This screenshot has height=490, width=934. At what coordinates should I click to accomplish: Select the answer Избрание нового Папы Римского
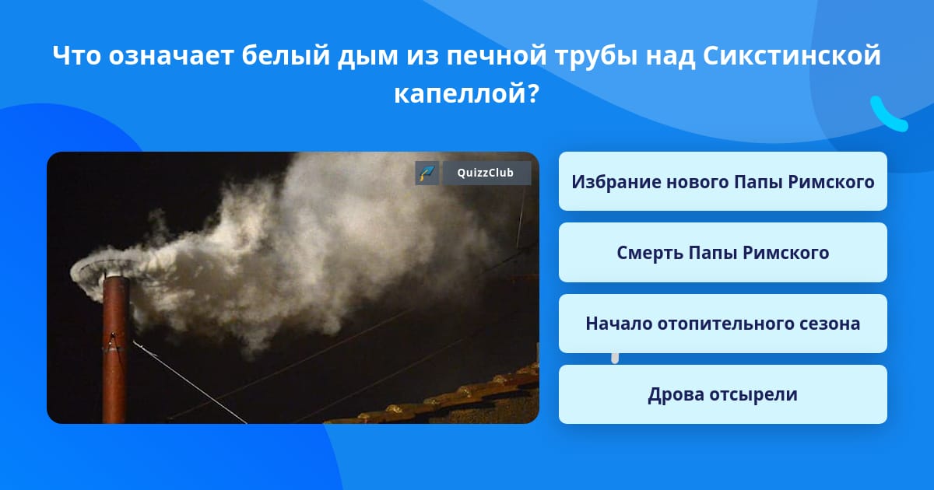[x=722, y=181]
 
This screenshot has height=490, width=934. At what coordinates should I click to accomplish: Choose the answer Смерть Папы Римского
[x=722, y=253]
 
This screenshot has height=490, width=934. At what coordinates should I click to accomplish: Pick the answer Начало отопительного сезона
[x=722, y=324]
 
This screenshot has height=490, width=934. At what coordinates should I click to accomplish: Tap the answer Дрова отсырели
[x=722, y=394]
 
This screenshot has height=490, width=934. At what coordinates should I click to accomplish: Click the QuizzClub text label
[x=486, y=173]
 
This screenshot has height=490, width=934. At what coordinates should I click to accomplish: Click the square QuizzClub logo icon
[x=427, y=173]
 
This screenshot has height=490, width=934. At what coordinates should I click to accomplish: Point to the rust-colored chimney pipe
[x=115, y=349]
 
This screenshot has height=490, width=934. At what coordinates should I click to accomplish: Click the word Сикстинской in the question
[x=792, y=55]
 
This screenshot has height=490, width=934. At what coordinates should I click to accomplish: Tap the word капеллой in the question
[x=467, y=93]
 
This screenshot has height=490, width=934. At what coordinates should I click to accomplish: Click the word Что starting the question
[x=77, y=55]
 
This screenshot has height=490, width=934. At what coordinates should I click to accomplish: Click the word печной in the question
[x=497, y=55]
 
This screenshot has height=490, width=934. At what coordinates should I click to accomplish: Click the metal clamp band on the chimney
[x=114, y=343]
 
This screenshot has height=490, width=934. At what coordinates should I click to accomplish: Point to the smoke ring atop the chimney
[x=109, y=275]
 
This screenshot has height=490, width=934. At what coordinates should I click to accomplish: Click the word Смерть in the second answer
[x=649, y=253]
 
